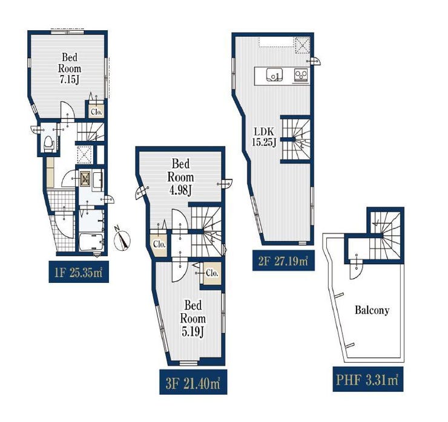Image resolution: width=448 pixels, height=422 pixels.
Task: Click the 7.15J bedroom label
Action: point(70,68)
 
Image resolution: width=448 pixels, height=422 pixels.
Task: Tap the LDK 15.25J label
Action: point(264,137)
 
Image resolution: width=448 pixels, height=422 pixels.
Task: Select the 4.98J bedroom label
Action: point(180,177)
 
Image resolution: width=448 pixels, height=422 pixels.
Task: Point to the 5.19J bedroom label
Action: point(193,319)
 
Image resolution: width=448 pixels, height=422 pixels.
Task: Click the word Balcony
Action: point(372,310)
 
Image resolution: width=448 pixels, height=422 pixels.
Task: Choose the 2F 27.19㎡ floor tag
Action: point(283,260)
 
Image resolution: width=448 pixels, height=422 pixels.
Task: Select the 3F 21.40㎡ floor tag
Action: point(193,382)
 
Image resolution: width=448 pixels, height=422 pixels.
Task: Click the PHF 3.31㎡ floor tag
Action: point(368,379)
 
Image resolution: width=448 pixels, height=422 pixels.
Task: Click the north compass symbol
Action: point(122,239)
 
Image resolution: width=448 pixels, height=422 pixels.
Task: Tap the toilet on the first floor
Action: point(48,143)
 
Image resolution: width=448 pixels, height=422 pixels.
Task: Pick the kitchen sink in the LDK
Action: point(274,74)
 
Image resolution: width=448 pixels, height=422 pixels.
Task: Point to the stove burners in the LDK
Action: point(301,75)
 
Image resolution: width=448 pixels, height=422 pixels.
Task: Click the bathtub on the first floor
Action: point(91,242)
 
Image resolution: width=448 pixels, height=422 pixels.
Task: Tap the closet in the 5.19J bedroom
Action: point(212,273)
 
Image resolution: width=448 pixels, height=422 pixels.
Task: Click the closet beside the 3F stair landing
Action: point(159,244)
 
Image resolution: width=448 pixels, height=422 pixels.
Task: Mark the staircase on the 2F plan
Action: point(296,139)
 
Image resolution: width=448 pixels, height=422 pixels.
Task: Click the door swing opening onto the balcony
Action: point(356,270)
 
